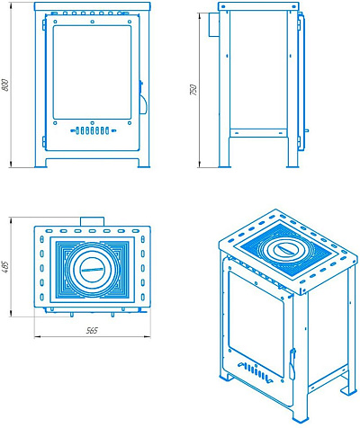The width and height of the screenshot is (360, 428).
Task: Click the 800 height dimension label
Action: [x=5, y=85]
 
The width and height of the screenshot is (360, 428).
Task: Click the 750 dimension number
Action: [x=193, y=90]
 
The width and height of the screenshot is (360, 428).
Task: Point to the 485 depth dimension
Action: [x=5, y=267]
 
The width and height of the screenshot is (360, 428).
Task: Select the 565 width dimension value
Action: [x=92, y=330]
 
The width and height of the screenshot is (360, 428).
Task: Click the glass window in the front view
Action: [x=92, y=72]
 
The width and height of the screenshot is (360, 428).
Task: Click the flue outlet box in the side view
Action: [x=213, y=24]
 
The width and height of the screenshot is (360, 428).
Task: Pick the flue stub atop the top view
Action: [x=92, y=221]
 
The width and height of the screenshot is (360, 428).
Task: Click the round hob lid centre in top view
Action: [x=92, y=270]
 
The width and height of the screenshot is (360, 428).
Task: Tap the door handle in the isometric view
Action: [x=292, y=363]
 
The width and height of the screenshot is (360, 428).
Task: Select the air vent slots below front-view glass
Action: [x=93, y=130]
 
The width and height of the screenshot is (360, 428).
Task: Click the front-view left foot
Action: [x=40, y=162]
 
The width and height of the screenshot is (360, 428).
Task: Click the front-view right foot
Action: [x=144, y=162]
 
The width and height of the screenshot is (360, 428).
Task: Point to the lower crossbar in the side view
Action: [x=258, y=132]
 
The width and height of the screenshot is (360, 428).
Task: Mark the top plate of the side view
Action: [x=258, y=7]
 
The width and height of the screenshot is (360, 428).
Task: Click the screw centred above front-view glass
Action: [x=93, y=22]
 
